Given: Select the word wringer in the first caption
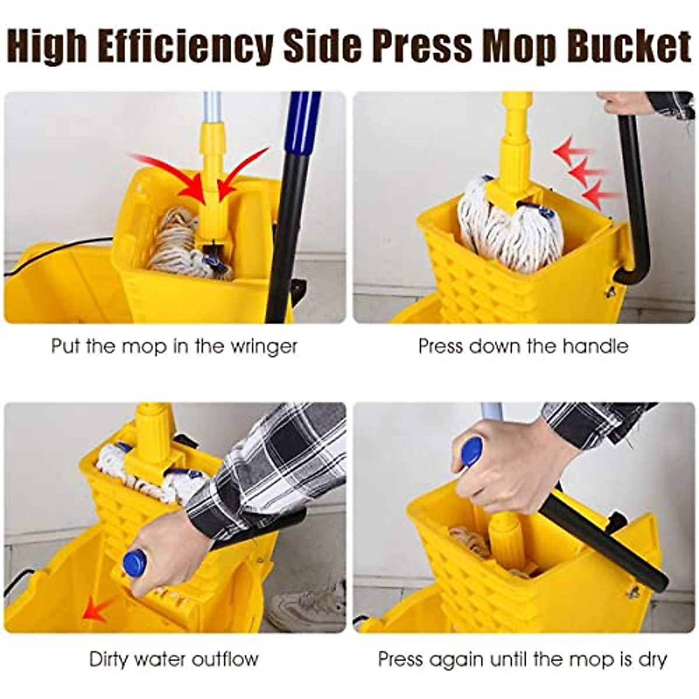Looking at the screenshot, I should pos(264,347).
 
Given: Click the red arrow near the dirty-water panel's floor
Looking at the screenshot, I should pos(97,609).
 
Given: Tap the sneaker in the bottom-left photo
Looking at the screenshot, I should pos(308,606).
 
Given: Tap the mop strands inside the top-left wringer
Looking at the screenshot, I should pos(175,245).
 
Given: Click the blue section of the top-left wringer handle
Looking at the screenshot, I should pos(305,122).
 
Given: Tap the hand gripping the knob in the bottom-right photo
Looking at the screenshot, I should pos(513,466).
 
